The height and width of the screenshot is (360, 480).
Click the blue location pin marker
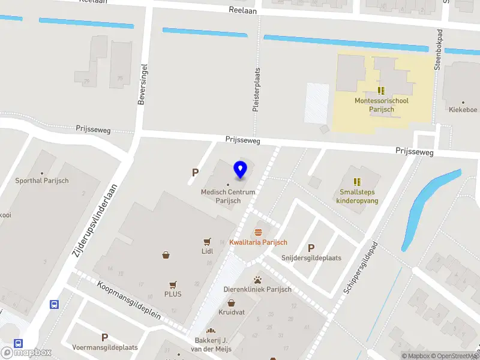(x=241, y=169)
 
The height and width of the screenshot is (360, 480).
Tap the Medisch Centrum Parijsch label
(x=228, y=196)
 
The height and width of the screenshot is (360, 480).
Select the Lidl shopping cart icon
(x=207, y=242)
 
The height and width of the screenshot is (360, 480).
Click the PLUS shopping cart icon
(x=173, y=285)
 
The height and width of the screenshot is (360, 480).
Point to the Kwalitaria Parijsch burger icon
(x=259, y=232)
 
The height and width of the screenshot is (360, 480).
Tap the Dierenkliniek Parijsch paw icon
(x=257, y=280)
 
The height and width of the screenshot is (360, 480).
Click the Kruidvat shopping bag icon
(x=231, y=303)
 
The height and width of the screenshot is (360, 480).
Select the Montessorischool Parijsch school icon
(x=381, y=91)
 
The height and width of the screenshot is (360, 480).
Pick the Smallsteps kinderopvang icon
(x=358, y=181)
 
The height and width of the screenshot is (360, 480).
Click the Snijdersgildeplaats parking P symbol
(x=311, y=248)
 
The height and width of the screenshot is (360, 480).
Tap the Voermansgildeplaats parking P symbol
(x=104, y=337)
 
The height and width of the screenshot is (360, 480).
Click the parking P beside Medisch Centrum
(x=195, y=173)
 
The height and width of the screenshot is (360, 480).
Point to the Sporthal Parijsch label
(x=42, y=181)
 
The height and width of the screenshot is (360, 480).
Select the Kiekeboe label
(x=463, y=110)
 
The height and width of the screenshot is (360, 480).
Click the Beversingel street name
(x=142, y=86)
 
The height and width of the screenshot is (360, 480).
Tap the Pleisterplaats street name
(x=256, y=89)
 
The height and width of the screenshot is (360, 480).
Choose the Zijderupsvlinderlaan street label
(x=94, y=221)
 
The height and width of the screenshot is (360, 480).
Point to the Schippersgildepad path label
(x=359, y=268)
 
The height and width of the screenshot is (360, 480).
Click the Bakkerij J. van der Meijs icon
(x=211, y=331)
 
